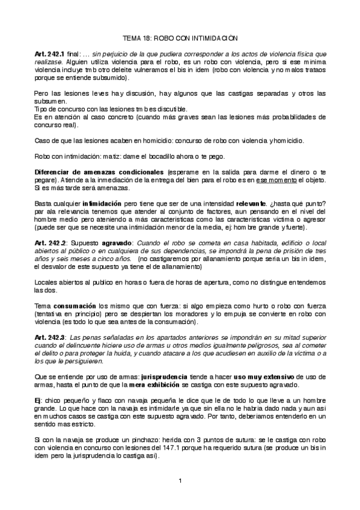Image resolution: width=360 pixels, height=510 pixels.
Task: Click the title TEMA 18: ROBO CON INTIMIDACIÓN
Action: point(181,37)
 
